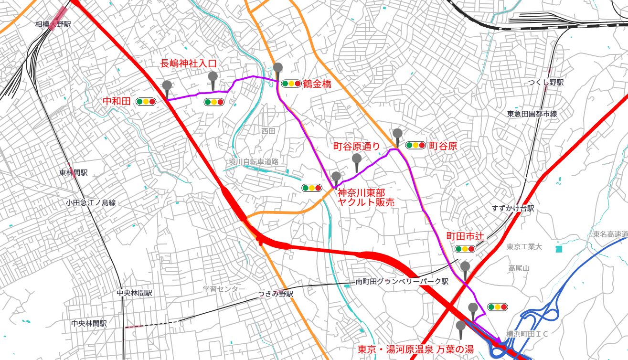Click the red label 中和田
pyautogui.click(x=117, y=101)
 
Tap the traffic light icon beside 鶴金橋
pyautogui.click(x=291, y=84)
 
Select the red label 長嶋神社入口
pyautogui.click(x=188, y=63)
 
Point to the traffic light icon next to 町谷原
pyautogui.click(x=415, y=145)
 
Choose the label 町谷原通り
pyautogui.click(x=356, y=146)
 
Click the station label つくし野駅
pyautogui.click(x=546, y=83)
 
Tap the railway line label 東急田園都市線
pyautogui.click(x=532, y=114)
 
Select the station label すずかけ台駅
pyautogui.click(x=513, y=209)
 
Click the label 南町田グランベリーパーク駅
pyautogui.click(x=402, y=282)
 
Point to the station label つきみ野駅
pyautogui.click(x=275, y=294)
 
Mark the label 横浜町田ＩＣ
pyautogui.click(x=527, y=334)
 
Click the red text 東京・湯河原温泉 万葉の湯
pyautogui.click(x=415, y=349)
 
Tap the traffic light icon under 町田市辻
pyautogui.click(x=464, y=249)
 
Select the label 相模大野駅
pyautogui.click(x=53, y=24)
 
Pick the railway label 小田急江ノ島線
pyautogui.click(x=91, y=203)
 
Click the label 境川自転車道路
pyautogui.click(x=253, y=162)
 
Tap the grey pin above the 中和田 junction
pyautogui.click(x=167, y=86)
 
